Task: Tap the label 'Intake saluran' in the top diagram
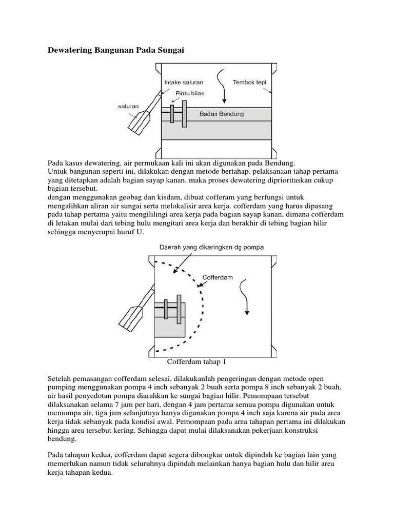(184, 82)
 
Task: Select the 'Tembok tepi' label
(249, 82)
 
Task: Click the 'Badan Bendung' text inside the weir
(222, 114)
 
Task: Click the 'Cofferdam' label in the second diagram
(218, 277)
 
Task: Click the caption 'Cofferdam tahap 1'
(196, 362)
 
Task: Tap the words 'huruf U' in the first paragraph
(133, 232)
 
